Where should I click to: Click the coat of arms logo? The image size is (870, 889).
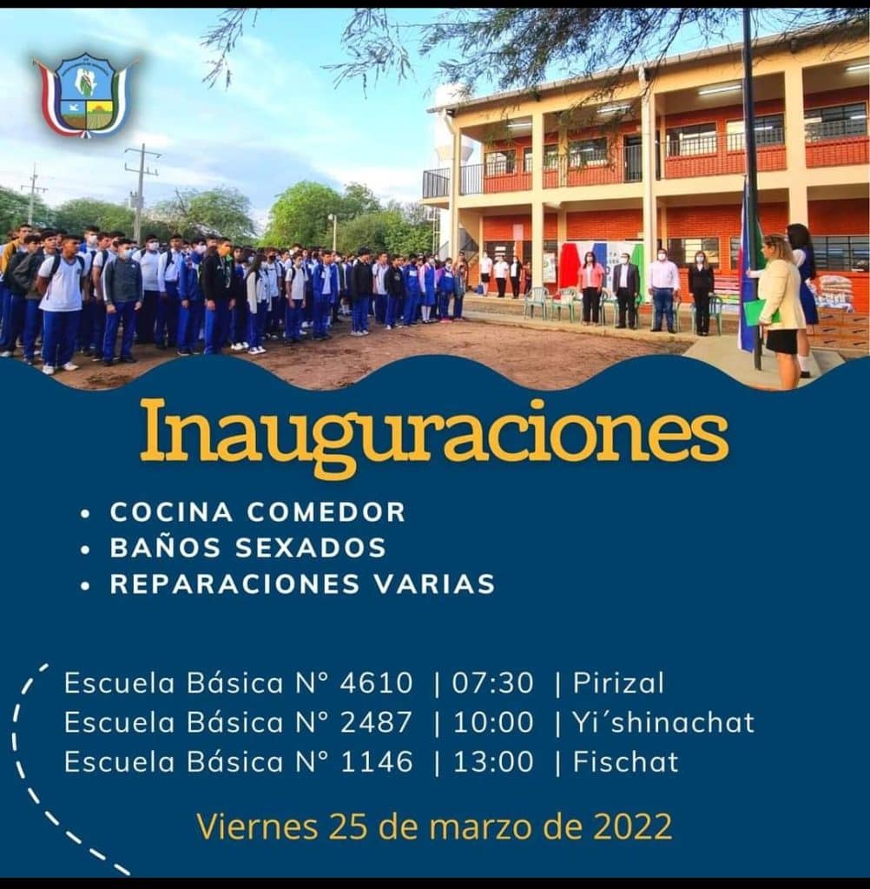click(x=86, y=95)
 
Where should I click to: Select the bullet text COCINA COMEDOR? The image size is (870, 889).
click(x=258, y=512)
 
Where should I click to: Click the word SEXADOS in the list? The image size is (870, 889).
click(x=310, y=548)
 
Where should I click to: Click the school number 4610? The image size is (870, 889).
click(x=376, y=682)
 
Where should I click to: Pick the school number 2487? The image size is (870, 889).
click(x=376, y=722)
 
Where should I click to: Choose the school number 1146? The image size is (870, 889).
click(x=376, y=761)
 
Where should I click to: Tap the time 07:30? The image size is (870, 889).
click(x=493, y=682)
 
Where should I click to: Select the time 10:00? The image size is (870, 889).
click(x=493, y=722)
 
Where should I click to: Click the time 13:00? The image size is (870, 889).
click(x=493, y=761)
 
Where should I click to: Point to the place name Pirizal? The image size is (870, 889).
click(x=618, y=682)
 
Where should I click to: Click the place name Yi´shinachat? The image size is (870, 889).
click(x=663, y=722)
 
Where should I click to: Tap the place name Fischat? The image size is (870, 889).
click(x=625, y=761)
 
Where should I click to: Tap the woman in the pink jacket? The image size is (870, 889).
click(x=590, y=288)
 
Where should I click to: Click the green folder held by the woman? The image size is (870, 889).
click(x=759, y=313)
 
